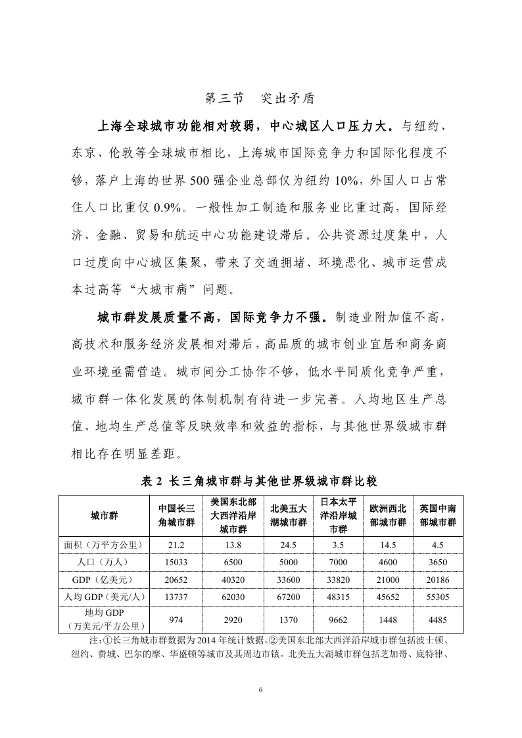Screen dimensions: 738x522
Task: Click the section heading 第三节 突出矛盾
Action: point(260,99)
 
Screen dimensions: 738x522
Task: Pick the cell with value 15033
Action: point(176,562)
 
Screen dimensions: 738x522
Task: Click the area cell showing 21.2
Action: point(176,545)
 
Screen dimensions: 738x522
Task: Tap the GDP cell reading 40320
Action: point(233,579)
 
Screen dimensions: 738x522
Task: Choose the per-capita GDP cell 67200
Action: point(289,596)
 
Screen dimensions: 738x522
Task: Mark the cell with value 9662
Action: point(338,619)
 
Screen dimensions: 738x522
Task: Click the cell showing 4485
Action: point(439,619)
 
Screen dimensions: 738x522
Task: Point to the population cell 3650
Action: point(439,562)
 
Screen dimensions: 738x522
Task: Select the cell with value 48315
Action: point(338,596)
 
